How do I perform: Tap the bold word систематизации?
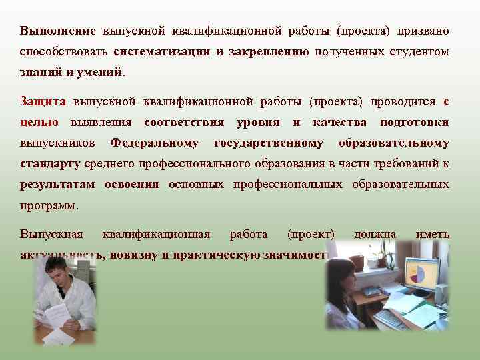[163, 51]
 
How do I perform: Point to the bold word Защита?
[43, 102]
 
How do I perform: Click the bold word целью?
[39, 123]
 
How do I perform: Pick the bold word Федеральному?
[155, 143]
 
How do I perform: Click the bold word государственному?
[269, 143]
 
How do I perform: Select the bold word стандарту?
[50, 163]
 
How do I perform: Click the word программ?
[49, 205]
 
